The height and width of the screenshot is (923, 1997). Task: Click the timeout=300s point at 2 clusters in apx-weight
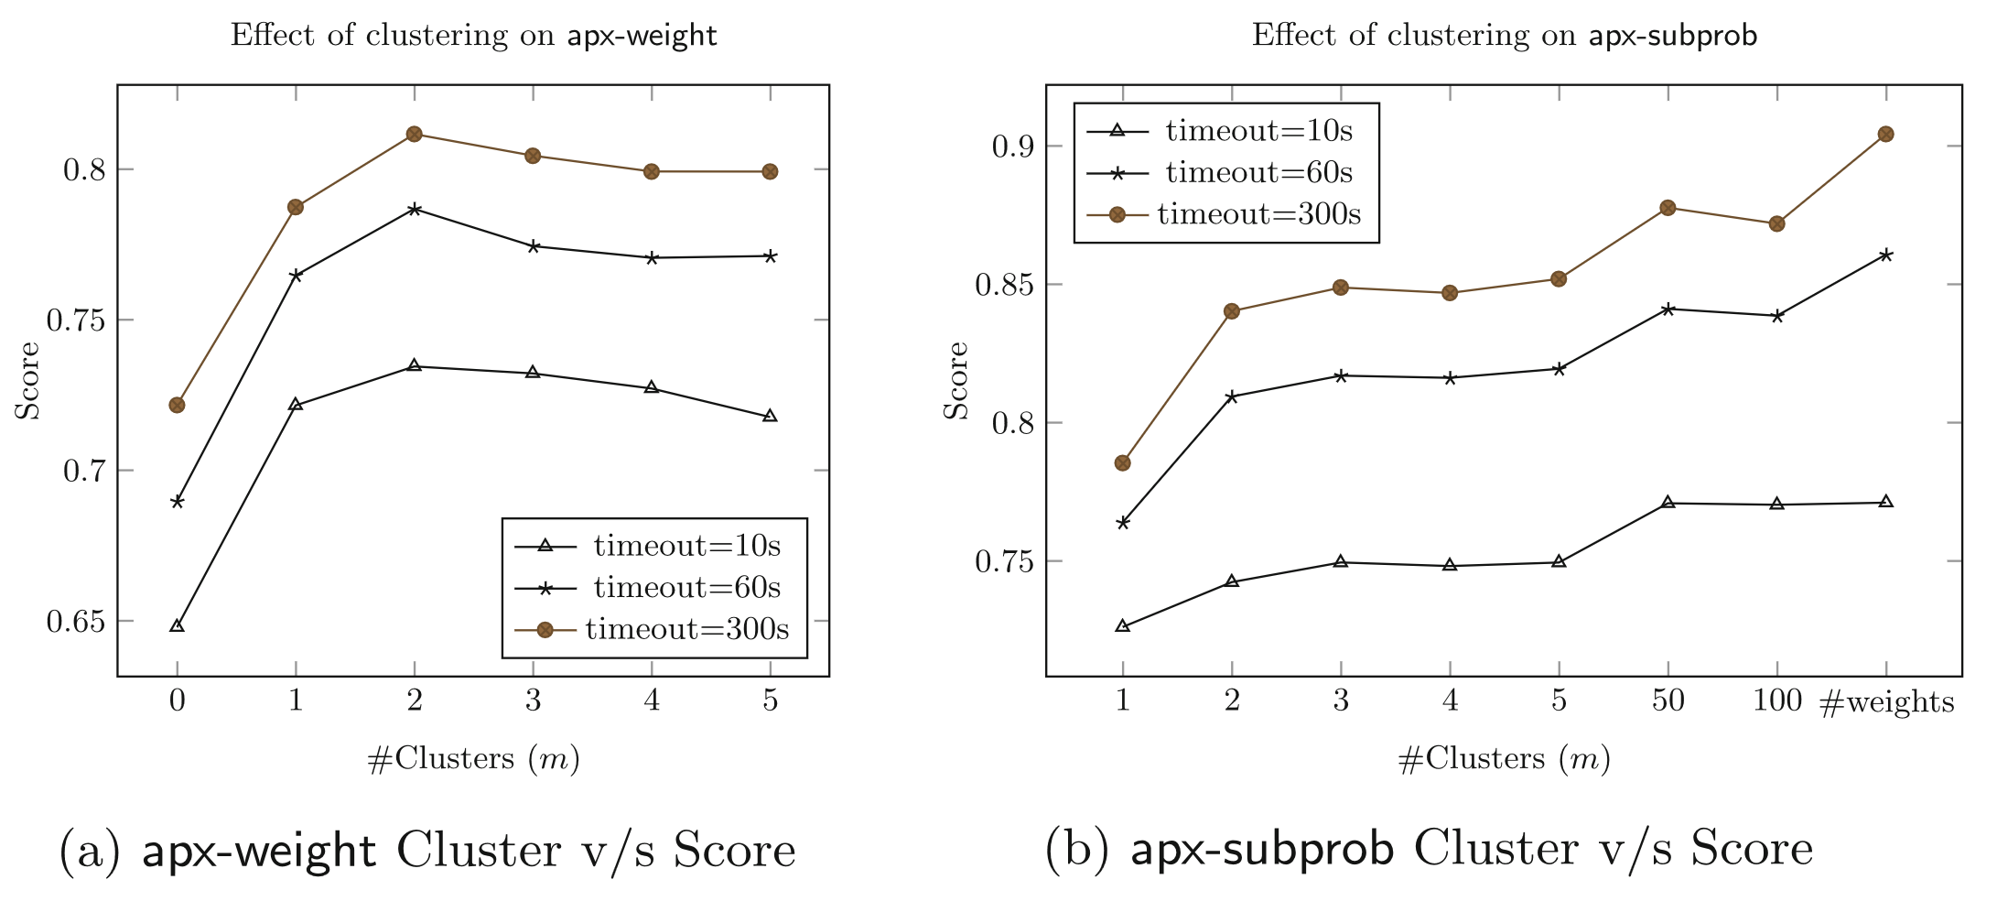(x=414, y=135)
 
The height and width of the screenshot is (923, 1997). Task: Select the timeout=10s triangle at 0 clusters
(x=178, y=626)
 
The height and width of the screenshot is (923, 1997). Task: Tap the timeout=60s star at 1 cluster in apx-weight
(x=296, y=275)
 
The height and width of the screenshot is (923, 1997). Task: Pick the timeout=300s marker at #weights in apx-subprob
(x=1885, y=135)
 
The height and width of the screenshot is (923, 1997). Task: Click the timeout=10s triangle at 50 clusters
(x=1668, y=503)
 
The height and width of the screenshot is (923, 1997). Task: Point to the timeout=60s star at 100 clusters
(x=1776, y=316)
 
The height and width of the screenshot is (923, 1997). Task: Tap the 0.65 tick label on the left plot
(x=76, y=622)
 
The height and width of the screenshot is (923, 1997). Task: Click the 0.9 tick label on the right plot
(x=1014, y=147)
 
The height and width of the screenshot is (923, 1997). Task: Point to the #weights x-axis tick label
(x=1886, y=702)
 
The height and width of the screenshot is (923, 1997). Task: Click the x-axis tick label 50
(x=1668, y=701)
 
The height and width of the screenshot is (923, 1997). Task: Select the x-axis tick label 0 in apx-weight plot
(x=178, y=701)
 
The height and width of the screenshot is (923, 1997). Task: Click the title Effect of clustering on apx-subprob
(x=1504, y=36)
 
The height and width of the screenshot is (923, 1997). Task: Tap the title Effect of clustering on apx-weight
(x=473, y=36)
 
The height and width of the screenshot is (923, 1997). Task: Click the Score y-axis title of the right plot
(x=955, y=381)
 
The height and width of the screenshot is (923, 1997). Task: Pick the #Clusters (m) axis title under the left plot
(x=473, y=759)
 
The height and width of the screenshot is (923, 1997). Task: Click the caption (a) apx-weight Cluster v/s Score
(x=427, y=850)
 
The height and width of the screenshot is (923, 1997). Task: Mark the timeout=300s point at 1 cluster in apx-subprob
(x=1123, y=463)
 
